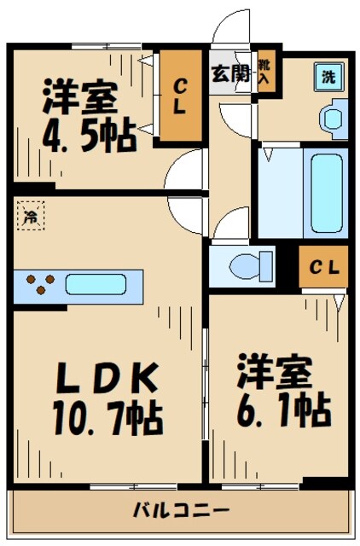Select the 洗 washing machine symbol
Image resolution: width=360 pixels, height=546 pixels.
point(328,75)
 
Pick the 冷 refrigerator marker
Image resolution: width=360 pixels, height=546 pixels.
point(30,217)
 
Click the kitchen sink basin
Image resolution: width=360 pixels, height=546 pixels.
point(95,284)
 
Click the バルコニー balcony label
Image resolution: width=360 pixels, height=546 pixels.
point(181,511)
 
